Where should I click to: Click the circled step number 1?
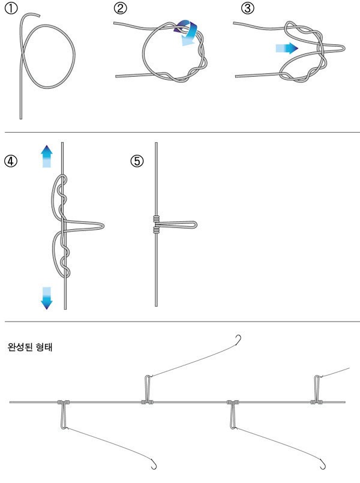coord(9,10)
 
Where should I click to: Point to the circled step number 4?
coord(9,161)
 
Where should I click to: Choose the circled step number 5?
coord(138,161)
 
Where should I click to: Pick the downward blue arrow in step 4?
coord(47,297)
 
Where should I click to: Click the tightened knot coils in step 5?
coord(156,224)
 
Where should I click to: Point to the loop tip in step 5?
coord(195,224)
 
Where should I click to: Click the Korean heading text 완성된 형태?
coord(30,347)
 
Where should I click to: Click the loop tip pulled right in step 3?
coord(343,47)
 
